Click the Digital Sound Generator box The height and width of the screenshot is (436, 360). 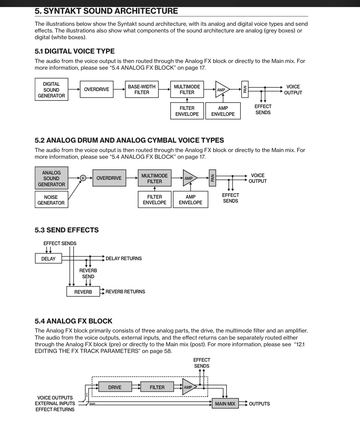[51, 90]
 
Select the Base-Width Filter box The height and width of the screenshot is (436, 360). [142, 89]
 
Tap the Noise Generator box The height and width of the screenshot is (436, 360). [51, 200]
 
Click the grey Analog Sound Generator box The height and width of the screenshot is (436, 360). [51, 178]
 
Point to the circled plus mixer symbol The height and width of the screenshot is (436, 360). [83, 178]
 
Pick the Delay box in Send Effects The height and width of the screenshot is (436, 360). [48, 259]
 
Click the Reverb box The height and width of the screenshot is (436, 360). [83, 292]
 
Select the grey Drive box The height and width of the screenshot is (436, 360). [115, 387]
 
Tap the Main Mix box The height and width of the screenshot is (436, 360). [225, 404]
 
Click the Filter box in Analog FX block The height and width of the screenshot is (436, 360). [157, 387]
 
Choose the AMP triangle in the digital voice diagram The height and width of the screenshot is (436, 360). [221, 90]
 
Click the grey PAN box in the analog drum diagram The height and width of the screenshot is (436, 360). [212, 178]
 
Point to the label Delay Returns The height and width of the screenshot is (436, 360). [123, 259]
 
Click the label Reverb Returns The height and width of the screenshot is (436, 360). [125, 292]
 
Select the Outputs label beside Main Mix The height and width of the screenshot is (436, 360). [259, 404]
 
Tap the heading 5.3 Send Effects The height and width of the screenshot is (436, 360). [67, 230]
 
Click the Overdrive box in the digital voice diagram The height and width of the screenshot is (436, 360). [96, 89]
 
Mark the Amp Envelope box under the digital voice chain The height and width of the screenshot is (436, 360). [223, 111]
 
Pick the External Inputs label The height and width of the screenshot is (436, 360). [55, 404]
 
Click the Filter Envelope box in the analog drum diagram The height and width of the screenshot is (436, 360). [154, 200]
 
